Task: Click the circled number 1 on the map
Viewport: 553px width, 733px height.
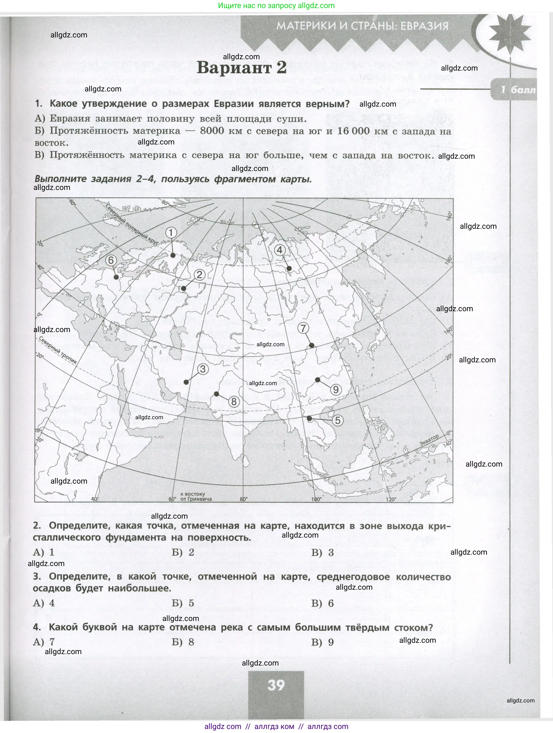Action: point(171,233)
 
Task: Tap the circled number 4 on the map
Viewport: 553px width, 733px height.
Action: point(280,250)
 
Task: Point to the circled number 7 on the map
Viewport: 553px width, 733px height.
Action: point(303,328)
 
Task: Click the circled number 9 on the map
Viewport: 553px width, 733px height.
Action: point(335,389)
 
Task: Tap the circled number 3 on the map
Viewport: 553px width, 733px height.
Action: point(203,369)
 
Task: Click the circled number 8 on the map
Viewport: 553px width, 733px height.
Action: point(234,402)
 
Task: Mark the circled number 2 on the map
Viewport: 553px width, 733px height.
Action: point(199,275)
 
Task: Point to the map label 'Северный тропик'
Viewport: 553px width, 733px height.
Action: point(58,351)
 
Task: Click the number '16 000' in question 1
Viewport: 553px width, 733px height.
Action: point(354,131)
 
